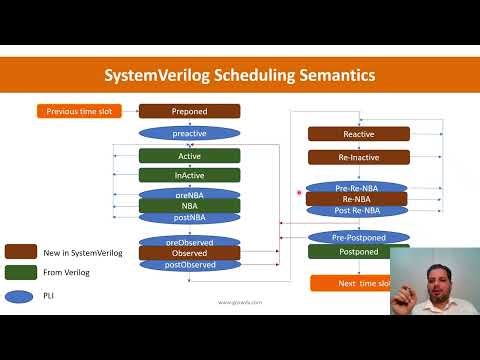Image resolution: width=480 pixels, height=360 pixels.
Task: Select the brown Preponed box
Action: (x=189, y=111)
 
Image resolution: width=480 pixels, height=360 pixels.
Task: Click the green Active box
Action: (x=189, y=156)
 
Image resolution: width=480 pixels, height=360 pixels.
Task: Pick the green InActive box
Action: (x=189, y=175)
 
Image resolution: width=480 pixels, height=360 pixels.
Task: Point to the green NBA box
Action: (x=189, y=206)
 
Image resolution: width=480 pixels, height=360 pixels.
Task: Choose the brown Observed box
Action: (x=189, y=253)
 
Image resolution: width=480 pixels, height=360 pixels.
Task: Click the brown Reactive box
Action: (x=358, y=134)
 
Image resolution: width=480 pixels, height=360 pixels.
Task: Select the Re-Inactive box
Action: (x=358, y=157)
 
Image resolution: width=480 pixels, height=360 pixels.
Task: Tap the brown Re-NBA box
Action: (x=358, y=199)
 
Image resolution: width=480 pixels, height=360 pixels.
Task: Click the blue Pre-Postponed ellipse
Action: (x=358, y=236)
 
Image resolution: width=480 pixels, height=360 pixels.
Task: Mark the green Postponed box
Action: (x=358, y=252)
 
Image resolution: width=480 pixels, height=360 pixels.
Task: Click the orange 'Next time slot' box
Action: (x=358, y=283)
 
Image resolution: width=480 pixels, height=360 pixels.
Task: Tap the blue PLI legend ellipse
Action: (x=21, y=295)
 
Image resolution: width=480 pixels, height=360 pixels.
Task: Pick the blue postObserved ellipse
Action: (x=189, y=265)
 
